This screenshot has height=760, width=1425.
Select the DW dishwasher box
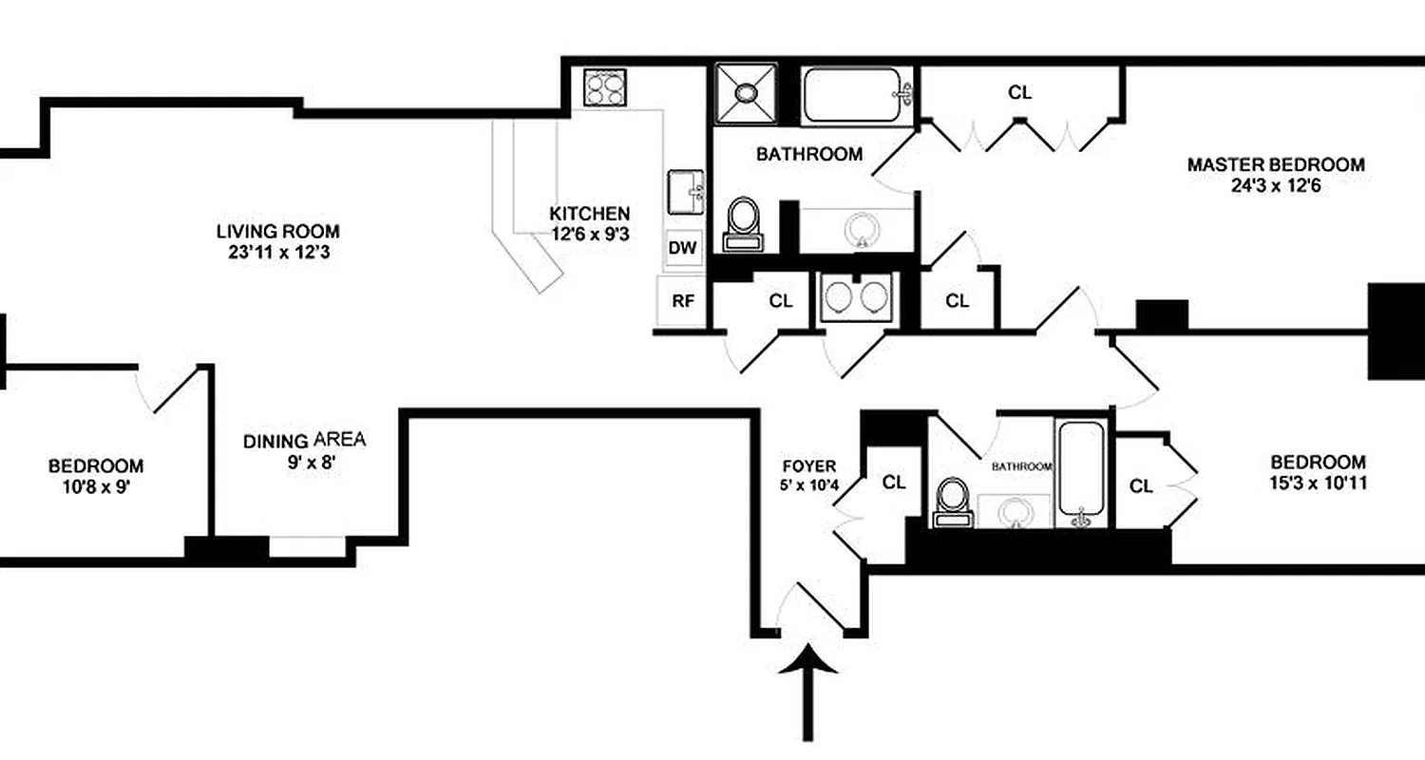(682, 249)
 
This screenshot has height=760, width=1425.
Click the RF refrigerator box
(682, 302)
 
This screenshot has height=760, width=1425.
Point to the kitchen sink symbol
(686, 194)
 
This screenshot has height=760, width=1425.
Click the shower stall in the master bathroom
(745, 93)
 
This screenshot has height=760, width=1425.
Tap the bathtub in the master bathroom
(856, 94)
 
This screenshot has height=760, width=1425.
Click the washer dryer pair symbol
(855, 297)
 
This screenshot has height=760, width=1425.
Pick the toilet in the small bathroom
(951, 501)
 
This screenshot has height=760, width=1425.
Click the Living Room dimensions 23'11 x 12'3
(276, 253)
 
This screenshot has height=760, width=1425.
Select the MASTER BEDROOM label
(1275, 164)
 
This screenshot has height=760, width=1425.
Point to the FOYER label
(808, 465)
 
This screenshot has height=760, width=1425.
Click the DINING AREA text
(304, 441)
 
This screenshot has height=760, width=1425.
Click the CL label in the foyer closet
(893, 483)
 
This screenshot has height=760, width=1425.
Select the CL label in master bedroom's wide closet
(1019, 93)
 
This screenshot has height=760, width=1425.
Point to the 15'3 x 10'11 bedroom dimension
(1318, 484)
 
